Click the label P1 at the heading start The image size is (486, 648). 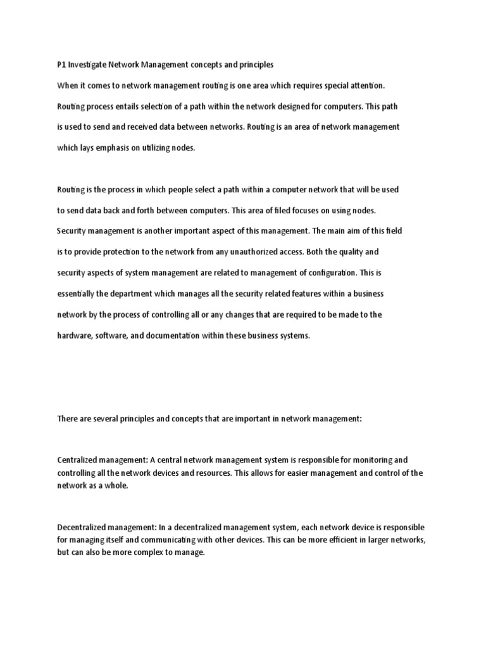point(61,65)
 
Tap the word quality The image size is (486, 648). point(352,252)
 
